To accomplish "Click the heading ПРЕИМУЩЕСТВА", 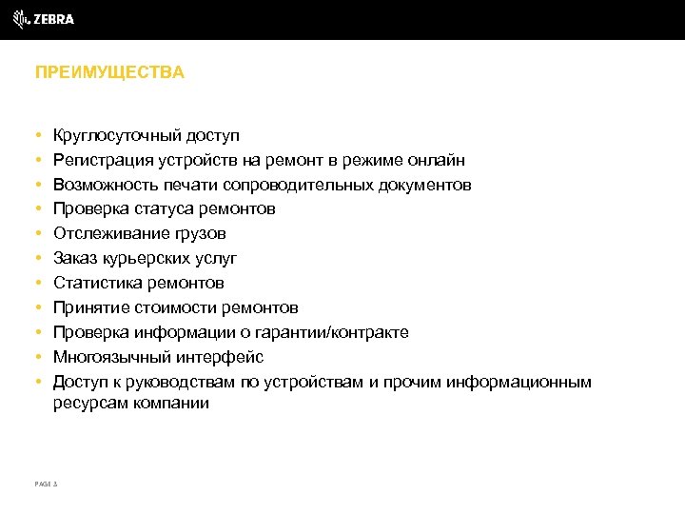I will (x=109, y=72).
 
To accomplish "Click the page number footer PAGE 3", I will (x=46, y=484).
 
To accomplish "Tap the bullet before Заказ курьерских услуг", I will (x=36, y=258).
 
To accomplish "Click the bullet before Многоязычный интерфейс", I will (x=36, y=357).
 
